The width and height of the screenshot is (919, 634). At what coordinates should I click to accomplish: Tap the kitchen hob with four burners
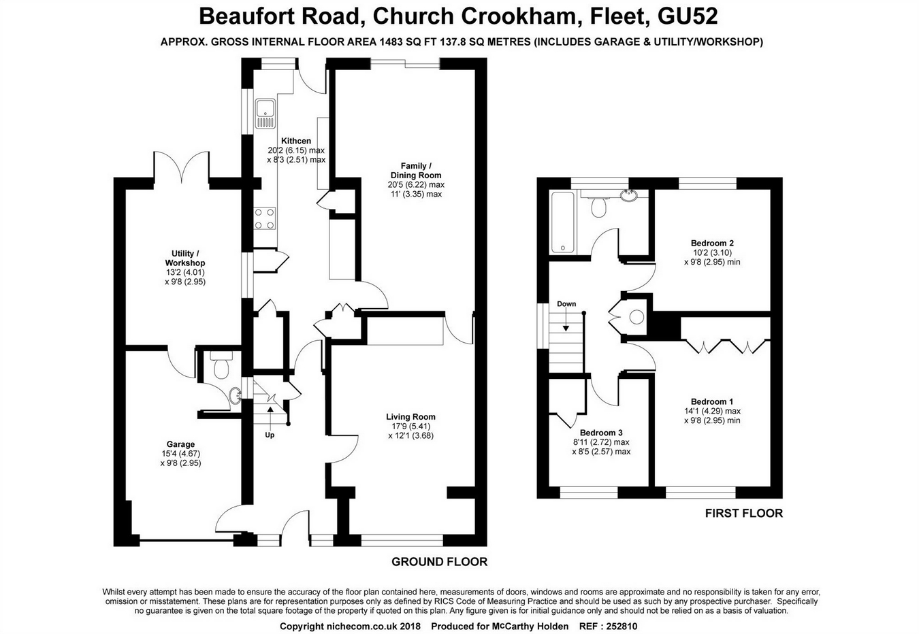[264, 218]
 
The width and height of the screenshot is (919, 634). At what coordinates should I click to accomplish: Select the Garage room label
[181, 444]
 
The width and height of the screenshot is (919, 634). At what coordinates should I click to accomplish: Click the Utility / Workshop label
[184, 258]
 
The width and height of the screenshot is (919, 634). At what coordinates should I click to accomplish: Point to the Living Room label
[410, 417]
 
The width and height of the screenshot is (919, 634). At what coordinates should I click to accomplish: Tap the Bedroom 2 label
[712, 243]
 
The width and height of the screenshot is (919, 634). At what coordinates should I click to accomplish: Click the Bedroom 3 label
[601, 433]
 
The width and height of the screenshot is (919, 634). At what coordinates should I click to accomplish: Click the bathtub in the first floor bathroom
[563, 222]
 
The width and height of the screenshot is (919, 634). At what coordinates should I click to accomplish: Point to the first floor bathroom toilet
[599, 207]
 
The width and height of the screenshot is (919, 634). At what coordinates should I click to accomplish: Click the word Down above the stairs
[566, 304]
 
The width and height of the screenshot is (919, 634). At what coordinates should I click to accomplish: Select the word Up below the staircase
[270, 435]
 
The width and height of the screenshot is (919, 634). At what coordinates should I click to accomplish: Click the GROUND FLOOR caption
[439, 562]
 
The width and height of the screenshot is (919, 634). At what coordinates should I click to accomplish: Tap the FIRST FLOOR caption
[743, 513]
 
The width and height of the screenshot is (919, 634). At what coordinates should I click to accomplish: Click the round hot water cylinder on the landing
[637, 317]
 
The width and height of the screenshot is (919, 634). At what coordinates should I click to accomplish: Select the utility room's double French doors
[181, 167]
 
